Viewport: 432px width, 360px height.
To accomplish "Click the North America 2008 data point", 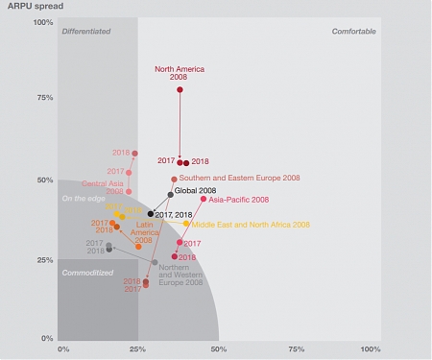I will (180, 89).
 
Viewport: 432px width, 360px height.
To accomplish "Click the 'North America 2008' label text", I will (180, 73).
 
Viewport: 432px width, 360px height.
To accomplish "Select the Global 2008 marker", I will (171, 195).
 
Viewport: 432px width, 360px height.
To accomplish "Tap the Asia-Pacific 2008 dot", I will (204, 199).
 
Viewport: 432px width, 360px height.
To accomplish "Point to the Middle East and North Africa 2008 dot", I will (186, 224).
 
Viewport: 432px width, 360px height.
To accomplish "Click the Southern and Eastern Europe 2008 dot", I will (174, 179).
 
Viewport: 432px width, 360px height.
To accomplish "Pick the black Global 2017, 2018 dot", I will (151, 214).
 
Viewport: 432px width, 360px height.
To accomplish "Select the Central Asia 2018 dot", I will (134, 153).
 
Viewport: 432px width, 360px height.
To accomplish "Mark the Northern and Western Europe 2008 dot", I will (155, 262).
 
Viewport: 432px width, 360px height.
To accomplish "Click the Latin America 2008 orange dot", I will (138, 247).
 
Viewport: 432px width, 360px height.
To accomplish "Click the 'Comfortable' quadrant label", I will (353, 32).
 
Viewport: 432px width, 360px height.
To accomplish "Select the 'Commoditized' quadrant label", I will (87, 274).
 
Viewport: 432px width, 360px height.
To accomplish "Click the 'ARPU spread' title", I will (29, 7).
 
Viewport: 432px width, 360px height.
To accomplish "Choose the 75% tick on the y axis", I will (44, 98).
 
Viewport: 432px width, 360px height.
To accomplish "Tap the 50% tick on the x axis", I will (218, 348).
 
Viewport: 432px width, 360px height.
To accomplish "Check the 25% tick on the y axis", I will (44, 259).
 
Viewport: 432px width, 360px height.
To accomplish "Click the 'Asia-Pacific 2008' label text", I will (239, 200).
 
